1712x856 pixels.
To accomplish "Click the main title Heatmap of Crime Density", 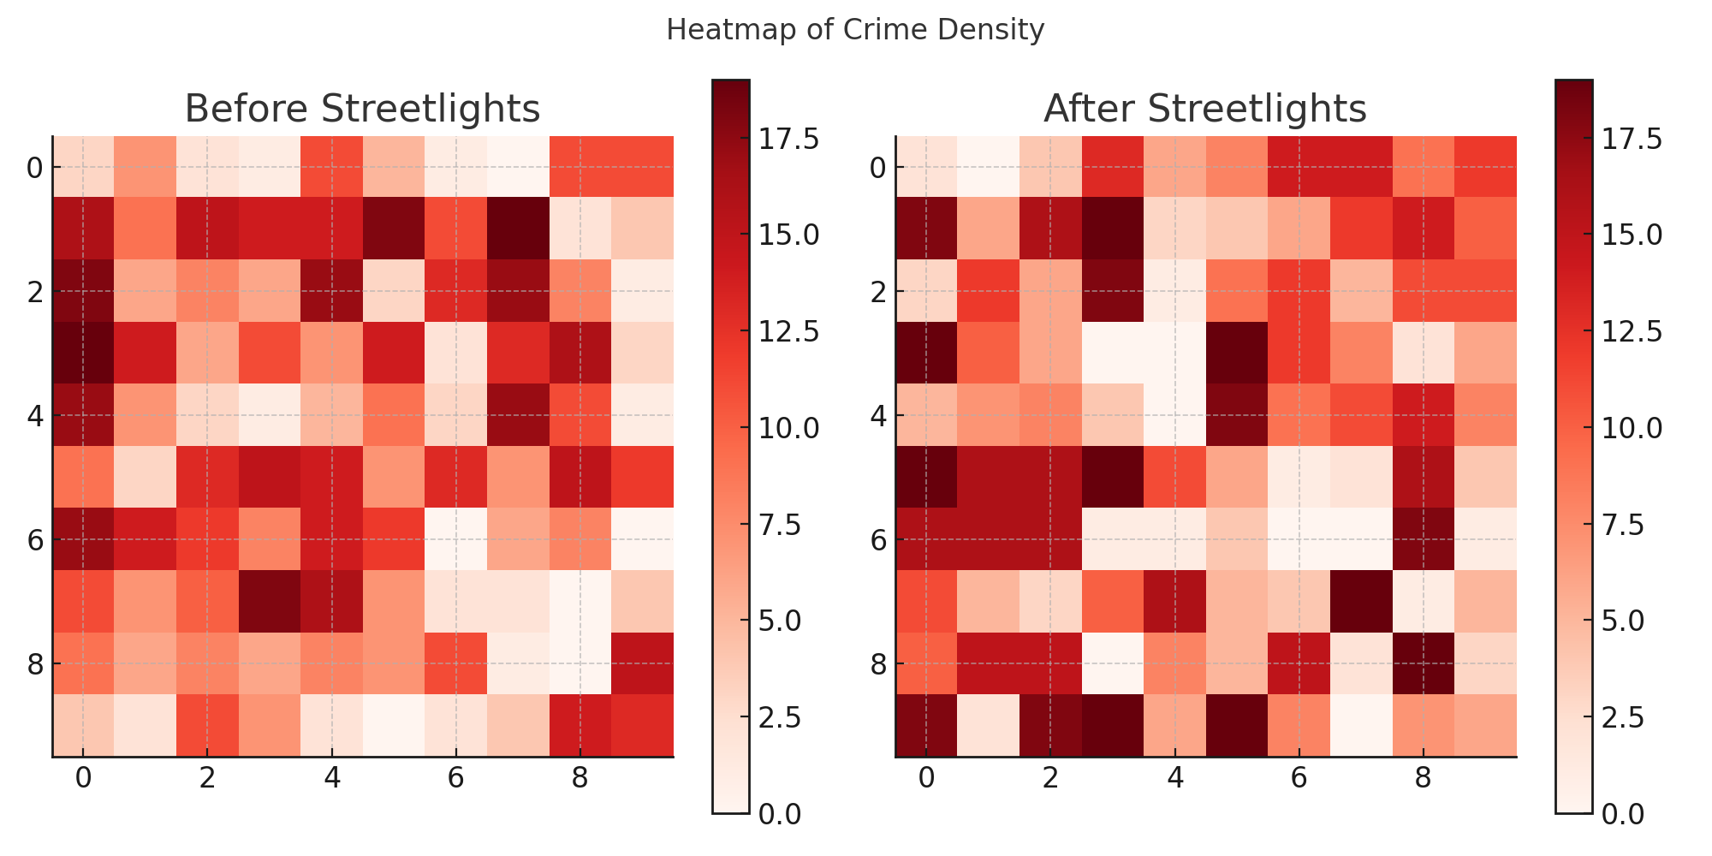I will pyautogui.click(x=854, y=31).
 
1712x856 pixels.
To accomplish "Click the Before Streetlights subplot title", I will pyautogui.click(x=362, y=110).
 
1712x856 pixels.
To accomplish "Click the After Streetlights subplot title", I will pyautogui.click(x=1204, y=110).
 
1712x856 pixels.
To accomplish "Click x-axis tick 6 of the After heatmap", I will pyautogui.click(x=1299, y=779).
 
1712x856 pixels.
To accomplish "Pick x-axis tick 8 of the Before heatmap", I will pyautogui.click(x=580, y=779).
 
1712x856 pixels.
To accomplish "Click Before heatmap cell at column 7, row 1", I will pyautogui.click(x=518, y=229).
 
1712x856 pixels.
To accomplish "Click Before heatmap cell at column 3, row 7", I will pyautogui.click(x=270, y=601).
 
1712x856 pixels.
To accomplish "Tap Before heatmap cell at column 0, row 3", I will pyautogui.click(x=83, y=353).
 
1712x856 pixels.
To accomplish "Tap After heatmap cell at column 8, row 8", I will pyautogui.click(x=1424, y=663).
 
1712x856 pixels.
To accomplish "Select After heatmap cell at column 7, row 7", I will pyautogui.click(x=1361, y=601).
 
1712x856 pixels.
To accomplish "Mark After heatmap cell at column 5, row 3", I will pyautogui.click(x=1237, y=353).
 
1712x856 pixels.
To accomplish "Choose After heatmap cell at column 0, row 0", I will pyautogui.click(x=926, y=167).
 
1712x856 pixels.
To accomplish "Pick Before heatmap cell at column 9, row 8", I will pyautogui.click(x=642, y=663).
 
